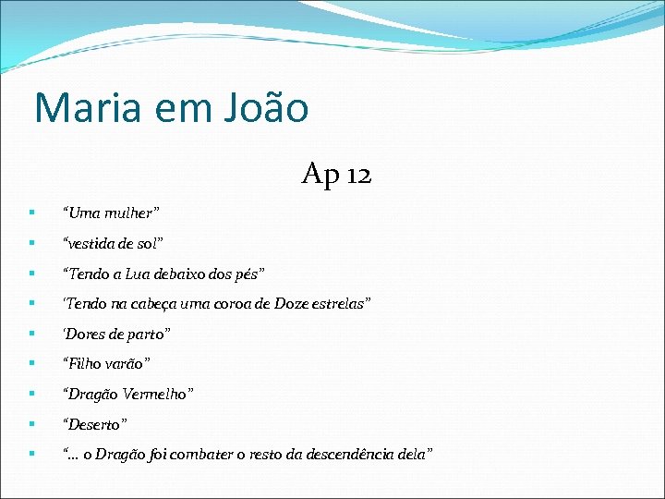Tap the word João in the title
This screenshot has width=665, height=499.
tap(265, 108)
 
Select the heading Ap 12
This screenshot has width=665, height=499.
tap(336, 174)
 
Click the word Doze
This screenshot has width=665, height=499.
tap(283, 304)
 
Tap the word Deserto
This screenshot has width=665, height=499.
tap(96, 424)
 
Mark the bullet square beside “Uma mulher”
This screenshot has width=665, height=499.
tap(32, 213)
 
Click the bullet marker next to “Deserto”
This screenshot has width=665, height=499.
tap(32, 424)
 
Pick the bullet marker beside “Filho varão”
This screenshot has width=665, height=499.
tap(32, 364)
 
